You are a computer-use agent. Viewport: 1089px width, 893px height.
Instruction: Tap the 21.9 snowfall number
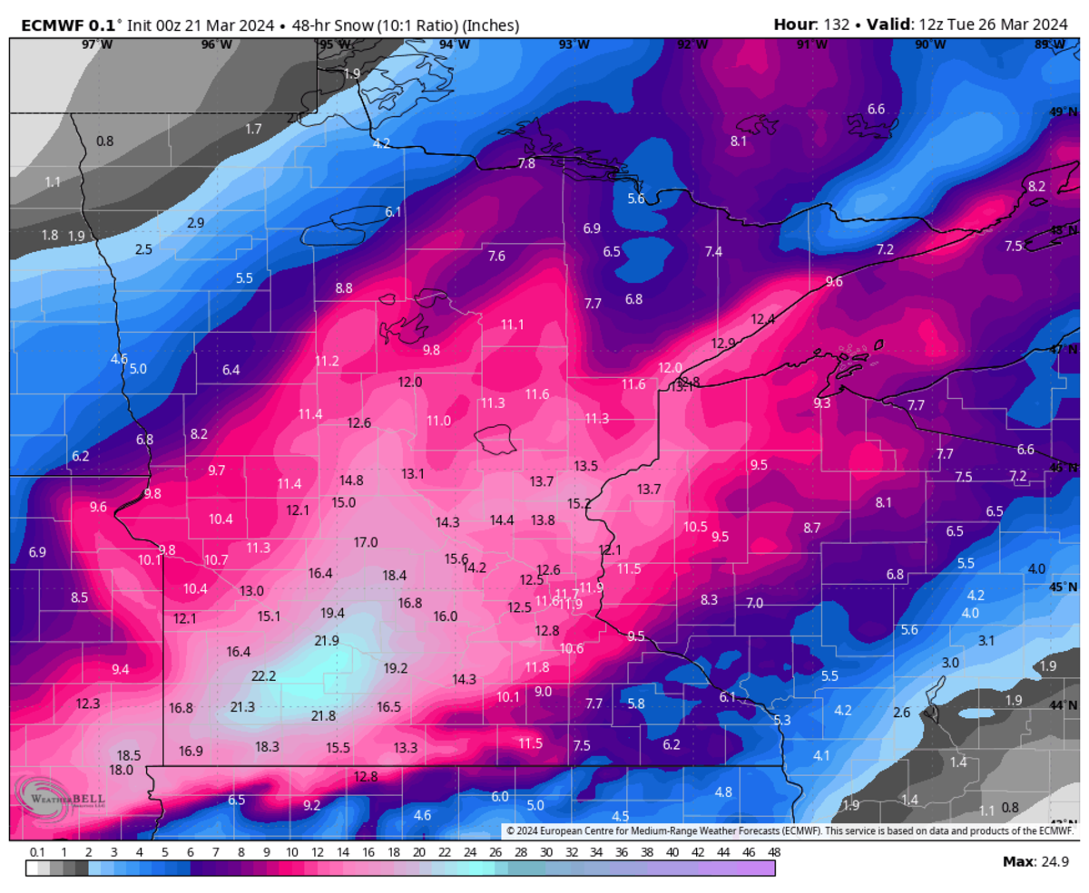coord(327,640)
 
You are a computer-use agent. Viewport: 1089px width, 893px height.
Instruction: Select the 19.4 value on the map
coord(333,613)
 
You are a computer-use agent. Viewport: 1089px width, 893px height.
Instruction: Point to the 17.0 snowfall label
coord(366,542)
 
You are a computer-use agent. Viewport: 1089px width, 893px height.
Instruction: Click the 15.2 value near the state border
coord(579,503)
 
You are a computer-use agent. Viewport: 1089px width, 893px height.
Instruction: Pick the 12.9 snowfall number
coord(723,343)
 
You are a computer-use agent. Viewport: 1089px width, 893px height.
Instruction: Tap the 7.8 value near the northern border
coord(526,163)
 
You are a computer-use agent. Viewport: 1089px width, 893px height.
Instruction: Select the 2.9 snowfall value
coord(195,222)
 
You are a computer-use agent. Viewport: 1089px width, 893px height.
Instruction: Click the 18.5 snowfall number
coord(129,754)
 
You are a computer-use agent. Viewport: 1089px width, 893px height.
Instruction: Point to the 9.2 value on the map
coord(311,804)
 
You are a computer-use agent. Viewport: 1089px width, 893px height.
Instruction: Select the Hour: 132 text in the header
coord(811,25)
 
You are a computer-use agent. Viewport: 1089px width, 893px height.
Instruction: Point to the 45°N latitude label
coord(1063,587)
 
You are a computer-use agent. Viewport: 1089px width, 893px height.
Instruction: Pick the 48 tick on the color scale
coord(774,852)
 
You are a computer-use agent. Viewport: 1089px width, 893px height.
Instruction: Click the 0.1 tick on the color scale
coord(37,852)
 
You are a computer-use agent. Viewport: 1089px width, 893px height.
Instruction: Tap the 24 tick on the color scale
coord(469,852)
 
